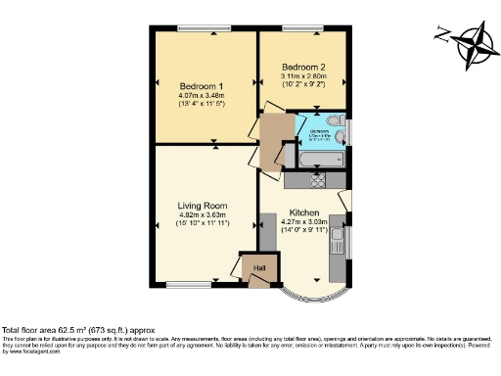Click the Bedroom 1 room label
(x=203, y=83)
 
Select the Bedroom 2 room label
(x=302, y=67)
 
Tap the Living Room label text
(x=203, y=205)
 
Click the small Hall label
(x=259, y=266)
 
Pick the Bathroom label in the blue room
(x=319, y=129)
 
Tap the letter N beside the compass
(x=442, y=38)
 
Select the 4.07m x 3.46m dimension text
(x=203, y=94)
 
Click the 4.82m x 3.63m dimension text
(x=203, y=215)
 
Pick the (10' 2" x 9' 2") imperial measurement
(x=302, y=86)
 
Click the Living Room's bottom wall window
(x=185, y=285)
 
